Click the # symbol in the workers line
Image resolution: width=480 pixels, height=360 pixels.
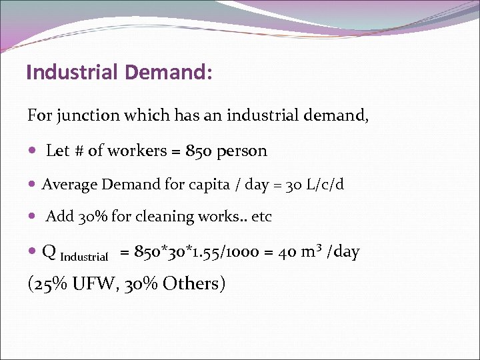(78, 151)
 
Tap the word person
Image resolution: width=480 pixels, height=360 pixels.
(244, 151)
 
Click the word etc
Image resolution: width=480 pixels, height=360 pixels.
(261, 217)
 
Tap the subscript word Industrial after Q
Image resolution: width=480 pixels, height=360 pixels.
(84, 257)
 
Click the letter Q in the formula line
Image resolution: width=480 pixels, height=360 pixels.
(49, 252)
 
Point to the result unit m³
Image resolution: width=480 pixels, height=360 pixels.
(310, 251)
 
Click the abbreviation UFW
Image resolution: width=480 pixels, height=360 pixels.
(88, 283)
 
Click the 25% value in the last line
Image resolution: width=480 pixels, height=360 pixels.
(47, 283)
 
